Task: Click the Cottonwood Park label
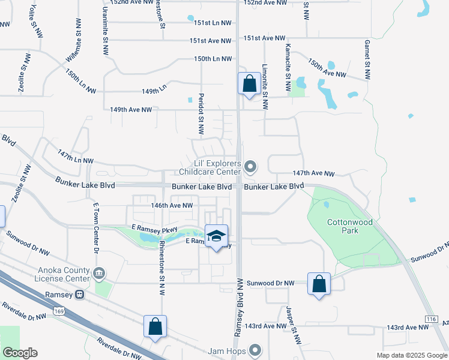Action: tap(350, 226)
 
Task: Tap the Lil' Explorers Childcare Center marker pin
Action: tap(252, 166)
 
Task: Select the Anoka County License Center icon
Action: tap(100, 274)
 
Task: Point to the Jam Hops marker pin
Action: tap(255, 349)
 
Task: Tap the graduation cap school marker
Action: tap(216, 235)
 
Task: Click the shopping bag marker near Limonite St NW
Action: tap(249, 83)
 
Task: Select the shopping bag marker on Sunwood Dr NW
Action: tap(319, 283)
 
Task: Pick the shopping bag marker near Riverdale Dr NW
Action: tap(155, 326)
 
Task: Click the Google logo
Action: tap(20, 353)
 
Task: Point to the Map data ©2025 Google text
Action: tap(411, 355)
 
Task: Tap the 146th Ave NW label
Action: tap(172, 205)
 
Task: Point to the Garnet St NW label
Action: tap(366, 60)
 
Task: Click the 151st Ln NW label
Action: tap(212, 23)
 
